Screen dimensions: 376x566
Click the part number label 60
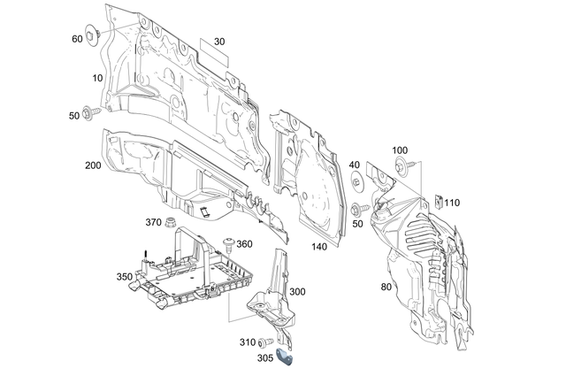point(77,39)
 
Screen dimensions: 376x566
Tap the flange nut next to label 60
point(94,36)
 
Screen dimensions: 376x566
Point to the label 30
point(219,42)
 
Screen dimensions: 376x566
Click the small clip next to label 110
point(438,203)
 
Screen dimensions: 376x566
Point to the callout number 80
point(386,286)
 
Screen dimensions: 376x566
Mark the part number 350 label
point(124,277)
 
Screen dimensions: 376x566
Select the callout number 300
point(297,292)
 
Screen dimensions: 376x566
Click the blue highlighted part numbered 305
point(286,356)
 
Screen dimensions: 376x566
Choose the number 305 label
point(264,358)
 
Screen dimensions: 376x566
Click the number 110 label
point(452,203)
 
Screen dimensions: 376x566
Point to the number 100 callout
point(400,150)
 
